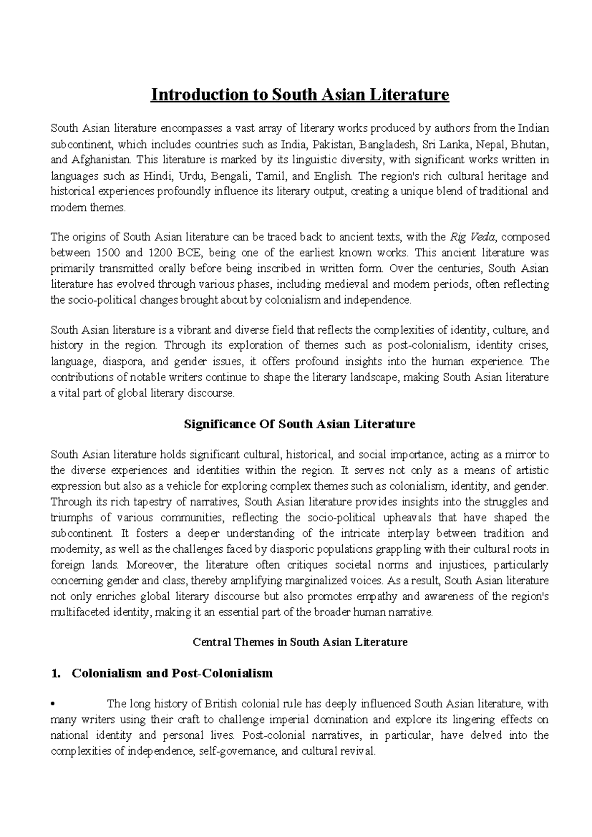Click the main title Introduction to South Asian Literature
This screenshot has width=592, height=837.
pyautogui.click(x=300, y=94)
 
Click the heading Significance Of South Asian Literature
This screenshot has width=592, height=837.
pyautogui.click(x=299, y=424)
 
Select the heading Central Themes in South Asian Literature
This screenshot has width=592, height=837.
pyautogui.click(x=299, y=642)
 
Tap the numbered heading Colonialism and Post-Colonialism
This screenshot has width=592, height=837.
pyautogui.click(x=172, y=673)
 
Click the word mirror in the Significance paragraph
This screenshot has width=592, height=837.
pyautogui.click(x=519, y=455)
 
